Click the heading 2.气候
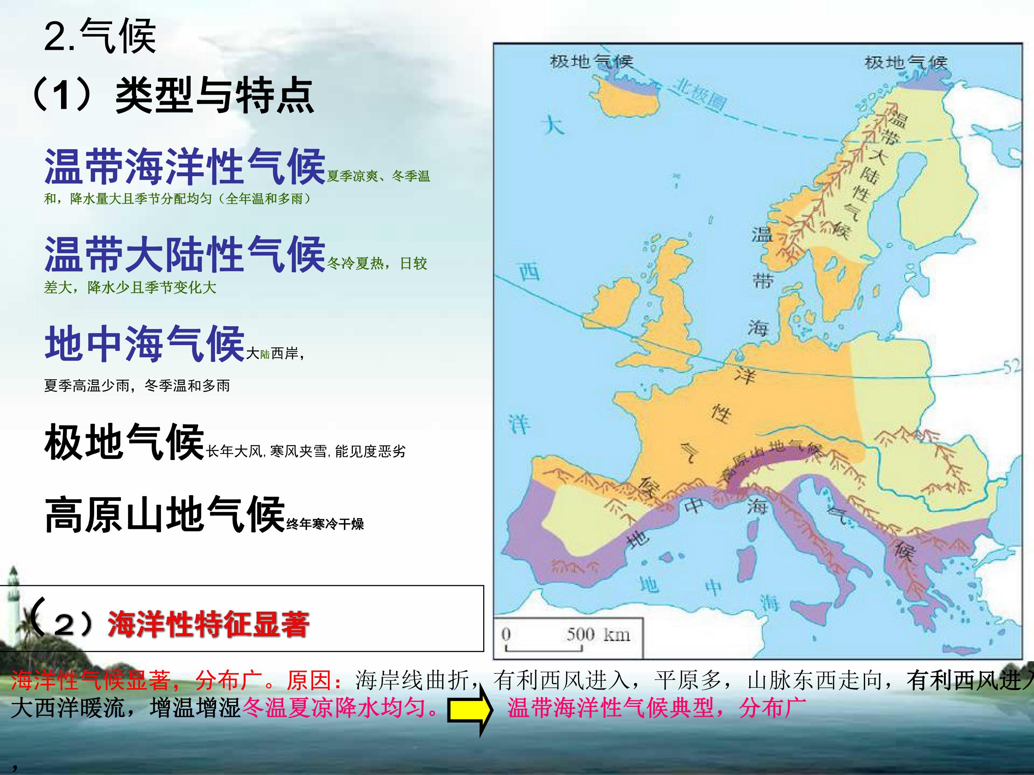coord(99,37)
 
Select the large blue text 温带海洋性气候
coord(185,166)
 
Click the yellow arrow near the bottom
coord(469,710)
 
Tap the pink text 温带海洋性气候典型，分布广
coord(657,708)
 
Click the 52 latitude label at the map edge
coord(1012,367)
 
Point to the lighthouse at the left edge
coord(14,593)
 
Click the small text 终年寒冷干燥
coord(325,524)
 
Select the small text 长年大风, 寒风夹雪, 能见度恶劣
coord(306,451)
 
